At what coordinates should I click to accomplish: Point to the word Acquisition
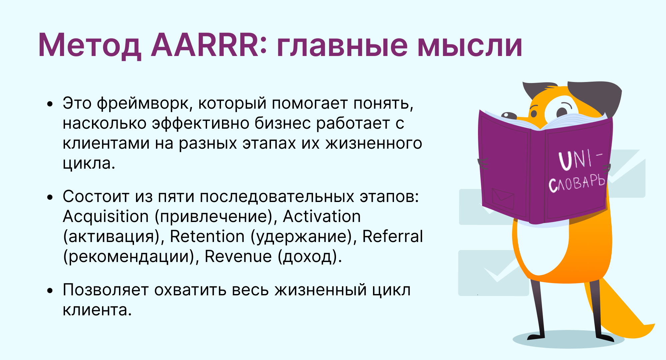click(106, 217)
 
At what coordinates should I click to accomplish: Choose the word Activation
click(322, 217)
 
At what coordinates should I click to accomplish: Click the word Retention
click(207, 237)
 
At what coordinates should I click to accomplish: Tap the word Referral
click(392, 236)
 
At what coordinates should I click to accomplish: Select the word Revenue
click(238, 257)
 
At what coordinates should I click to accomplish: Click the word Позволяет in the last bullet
click(106, 290)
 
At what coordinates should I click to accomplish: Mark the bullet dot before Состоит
click(50, 197)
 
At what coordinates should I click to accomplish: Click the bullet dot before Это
click(50, 104)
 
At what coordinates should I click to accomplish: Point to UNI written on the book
click(575, 160)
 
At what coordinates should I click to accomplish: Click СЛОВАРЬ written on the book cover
click(576, 184)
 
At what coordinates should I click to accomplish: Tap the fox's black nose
click(509, 116)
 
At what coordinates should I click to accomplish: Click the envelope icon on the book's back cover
click(503, 199)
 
